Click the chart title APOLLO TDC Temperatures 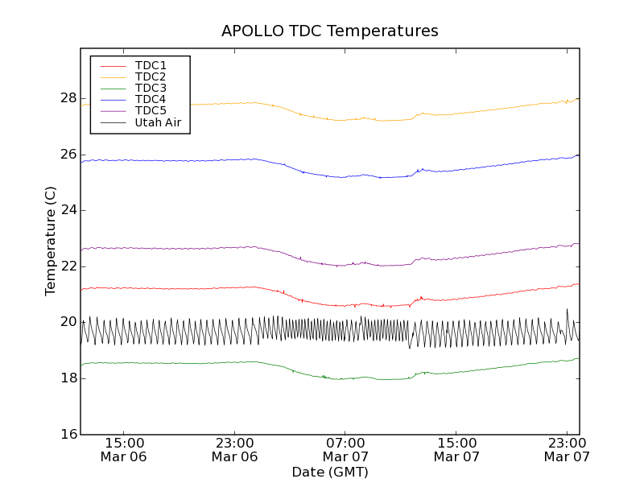(330, 31)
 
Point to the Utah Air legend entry (158, 122)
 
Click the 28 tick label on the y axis (68, 98)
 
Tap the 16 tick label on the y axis (68, 434)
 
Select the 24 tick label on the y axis (68, 210)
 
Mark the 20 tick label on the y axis (68, 322)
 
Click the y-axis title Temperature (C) (51, 242)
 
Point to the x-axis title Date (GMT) (330, 472)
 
